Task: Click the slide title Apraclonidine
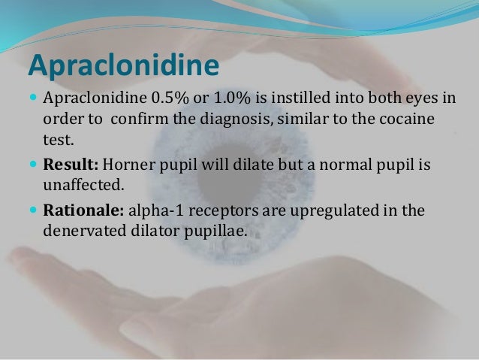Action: (124, 65)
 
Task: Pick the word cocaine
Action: (407, 121)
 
